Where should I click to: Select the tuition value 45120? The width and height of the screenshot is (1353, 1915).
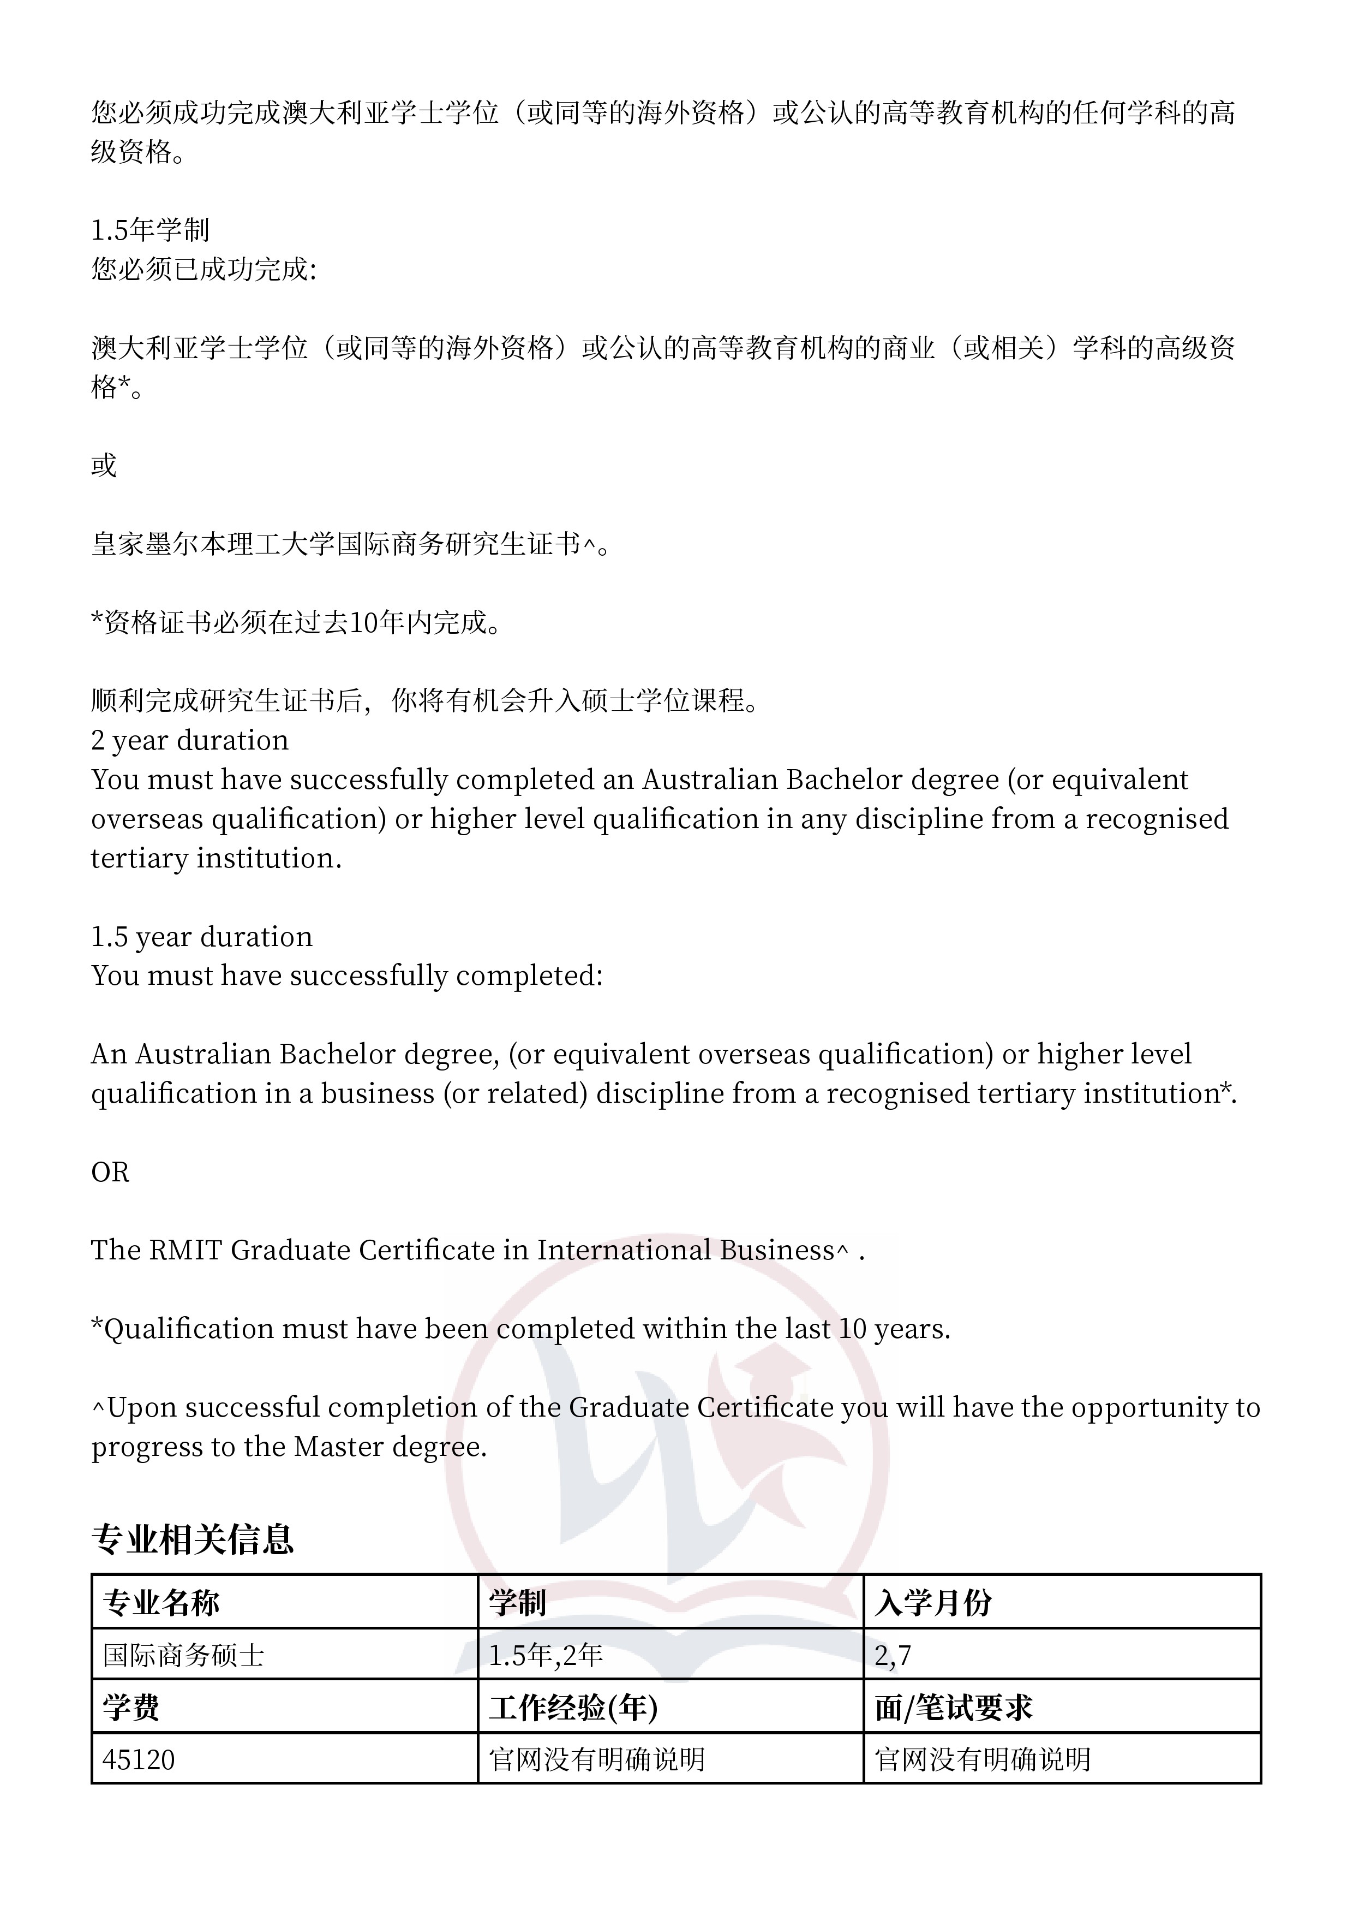point(139,1760)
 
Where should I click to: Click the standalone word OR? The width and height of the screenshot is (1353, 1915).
point(110,1173)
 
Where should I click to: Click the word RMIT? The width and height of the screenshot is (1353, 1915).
point(186,1250)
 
